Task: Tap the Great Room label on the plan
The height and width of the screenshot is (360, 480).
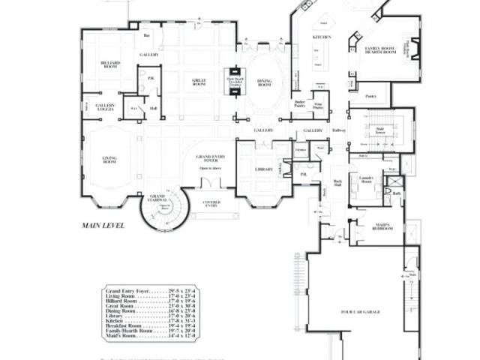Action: [x=199, y=82]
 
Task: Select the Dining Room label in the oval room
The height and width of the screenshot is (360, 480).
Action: [x=264, y=84]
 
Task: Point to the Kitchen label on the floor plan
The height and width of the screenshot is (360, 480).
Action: [x=322, y=36]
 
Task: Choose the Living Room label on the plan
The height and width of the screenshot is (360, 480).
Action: [x=109, y=159]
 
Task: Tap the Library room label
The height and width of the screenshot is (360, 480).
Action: [x=263, y=169]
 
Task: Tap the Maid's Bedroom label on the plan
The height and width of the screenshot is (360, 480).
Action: [x=382, y=227]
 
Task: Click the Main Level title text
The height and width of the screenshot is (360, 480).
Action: [x=103, y=224]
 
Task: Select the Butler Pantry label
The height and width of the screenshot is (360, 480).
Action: [x=299, y=104]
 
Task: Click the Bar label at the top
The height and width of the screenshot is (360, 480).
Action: [x=147, y=34]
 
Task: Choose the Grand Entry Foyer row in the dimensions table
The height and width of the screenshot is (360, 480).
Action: [x=150, y=289]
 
